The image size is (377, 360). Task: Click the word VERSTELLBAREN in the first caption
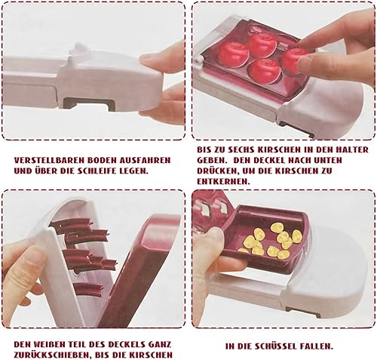click(48, 160)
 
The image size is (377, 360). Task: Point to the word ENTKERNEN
click(223, 182)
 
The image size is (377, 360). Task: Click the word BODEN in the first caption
click(100, 160)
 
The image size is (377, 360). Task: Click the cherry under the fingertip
click(292, 60)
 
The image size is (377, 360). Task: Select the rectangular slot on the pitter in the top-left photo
click(89, 103)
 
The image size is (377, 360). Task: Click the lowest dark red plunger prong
click(88, 289)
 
